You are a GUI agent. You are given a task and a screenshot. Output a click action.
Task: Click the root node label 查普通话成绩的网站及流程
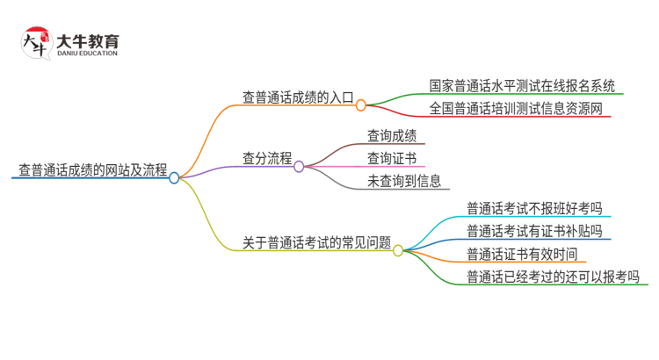coord(92,169)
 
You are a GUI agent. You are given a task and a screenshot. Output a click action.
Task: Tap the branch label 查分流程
coord(267,159)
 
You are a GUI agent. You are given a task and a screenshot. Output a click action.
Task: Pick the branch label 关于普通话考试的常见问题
coord(316,242)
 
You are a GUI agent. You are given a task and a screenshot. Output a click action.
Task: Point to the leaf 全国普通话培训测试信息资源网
coord(517,109)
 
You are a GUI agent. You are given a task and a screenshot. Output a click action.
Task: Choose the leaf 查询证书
coord(392,159)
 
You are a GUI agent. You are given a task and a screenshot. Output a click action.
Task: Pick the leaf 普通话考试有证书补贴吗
coord(534,231)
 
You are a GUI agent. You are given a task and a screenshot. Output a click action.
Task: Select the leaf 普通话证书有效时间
coord(522,255)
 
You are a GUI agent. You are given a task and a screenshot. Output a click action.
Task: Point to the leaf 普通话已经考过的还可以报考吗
coord(553,277)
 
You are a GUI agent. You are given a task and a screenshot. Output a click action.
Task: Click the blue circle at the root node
coord(174,177)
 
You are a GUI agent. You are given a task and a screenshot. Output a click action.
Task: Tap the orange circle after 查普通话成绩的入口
coord(360,104)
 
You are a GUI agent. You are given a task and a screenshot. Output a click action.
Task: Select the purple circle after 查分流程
coord(299,166)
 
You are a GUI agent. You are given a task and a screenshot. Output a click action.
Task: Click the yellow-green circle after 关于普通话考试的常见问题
coord(397,250)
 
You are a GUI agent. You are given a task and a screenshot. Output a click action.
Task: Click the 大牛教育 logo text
coord(88,40)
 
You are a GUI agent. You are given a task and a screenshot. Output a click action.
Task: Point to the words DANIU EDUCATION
coord(86,54)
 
